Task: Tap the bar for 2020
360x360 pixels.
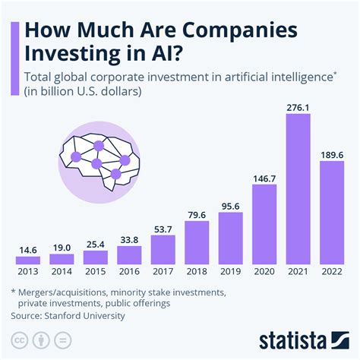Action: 264,224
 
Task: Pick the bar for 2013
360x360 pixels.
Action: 28,260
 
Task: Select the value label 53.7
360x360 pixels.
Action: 163,229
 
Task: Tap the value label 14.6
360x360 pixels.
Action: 28,248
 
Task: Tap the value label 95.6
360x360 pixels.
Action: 230,205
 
